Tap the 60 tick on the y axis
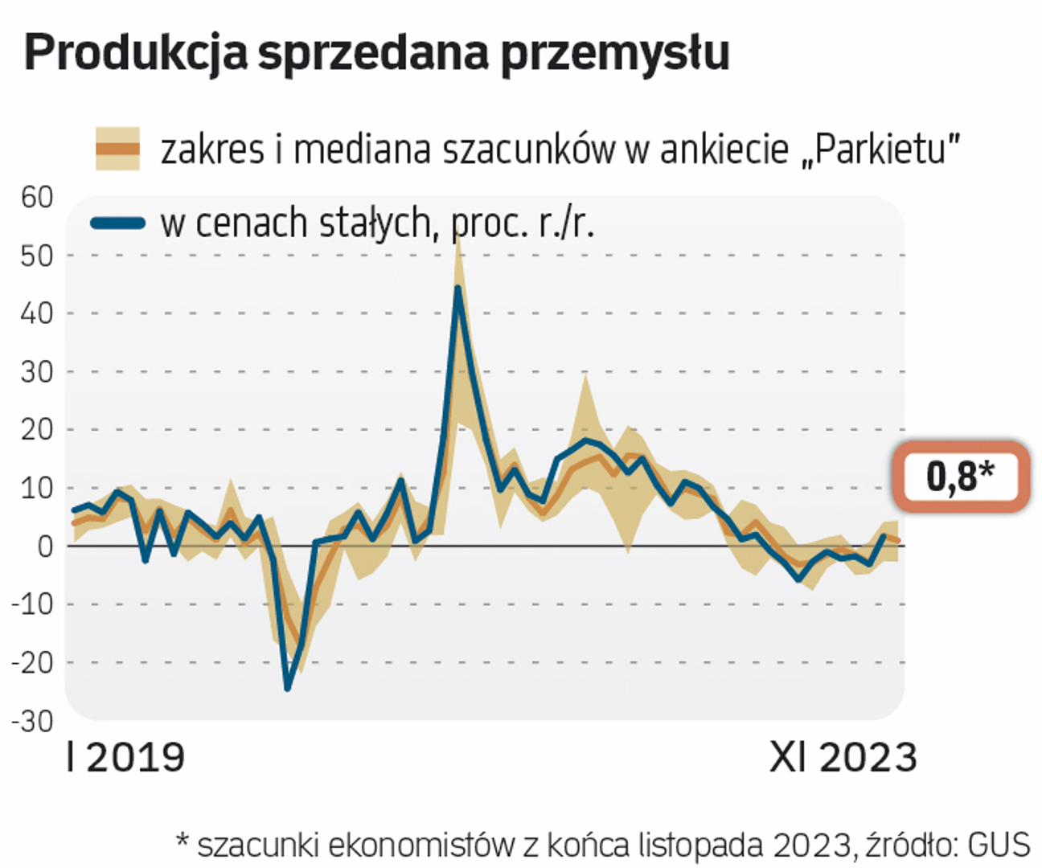point(36,197)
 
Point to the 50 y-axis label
point(36,256)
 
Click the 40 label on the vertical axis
point(36,313)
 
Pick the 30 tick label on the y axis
point(36,371)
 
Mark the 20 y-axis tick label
point(36,429)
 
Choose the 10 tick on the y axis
point(36,488)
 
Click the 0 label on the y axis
point(43,546)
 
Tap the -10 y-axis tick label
point(32,604)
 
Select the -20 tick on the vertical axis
point(32,662)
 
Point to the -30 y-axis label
point(32,721)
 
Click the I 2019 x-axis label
point(125,758)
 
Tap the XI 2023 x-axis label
point(843,758)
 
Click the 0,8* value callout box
point(960,476)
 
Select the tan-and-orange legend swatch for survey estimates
point(117,149)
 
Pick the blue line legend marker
point(117,223)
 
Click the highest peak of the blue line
point(457,288)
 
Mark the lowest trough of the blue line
point(288,688)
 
